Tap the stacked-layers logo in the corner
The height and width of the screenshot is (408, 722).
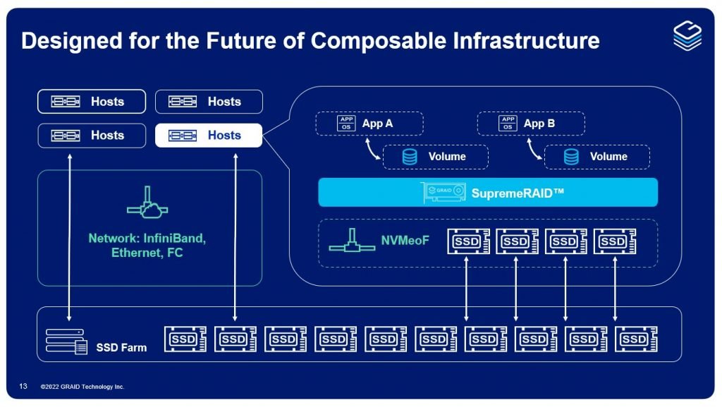pyautogui.click(x=687, y=35)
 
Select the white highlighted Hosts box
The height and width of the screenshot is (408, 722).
pyautogui.click(x=209, y=136)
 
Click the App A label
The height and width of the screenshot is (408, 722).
pyautogui.click(x=377, y=124)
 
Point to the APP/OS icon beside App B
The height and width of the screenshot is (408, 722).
pyautogui.click(x=508, y=124)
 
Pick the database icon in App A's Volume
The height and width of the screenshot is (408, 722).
pyautogui.click(x=410, y=157)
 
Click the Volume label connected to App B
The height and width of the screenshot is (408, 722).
pyautogui.click(x=608, y=157)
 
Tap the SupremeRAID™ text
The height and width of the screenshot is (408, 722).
pyautogui.click(x=518, y=192)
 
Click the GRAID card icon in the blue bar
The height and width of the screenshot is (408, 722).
pyautogui.click(x=443, y=192)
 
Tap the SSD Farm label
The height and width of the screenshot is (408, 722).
pyautogui.click(x=121, y=347)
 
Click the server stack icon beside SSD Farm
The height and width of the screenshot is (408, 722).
pyautogui.click(x=66, y=342)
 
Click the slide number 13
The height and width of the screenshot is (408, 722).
pyautogui.click(x=23, y=386)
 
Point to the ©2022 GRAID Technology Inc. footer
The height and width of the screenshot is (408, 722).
pyautogui.click(x=82, y=387)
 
